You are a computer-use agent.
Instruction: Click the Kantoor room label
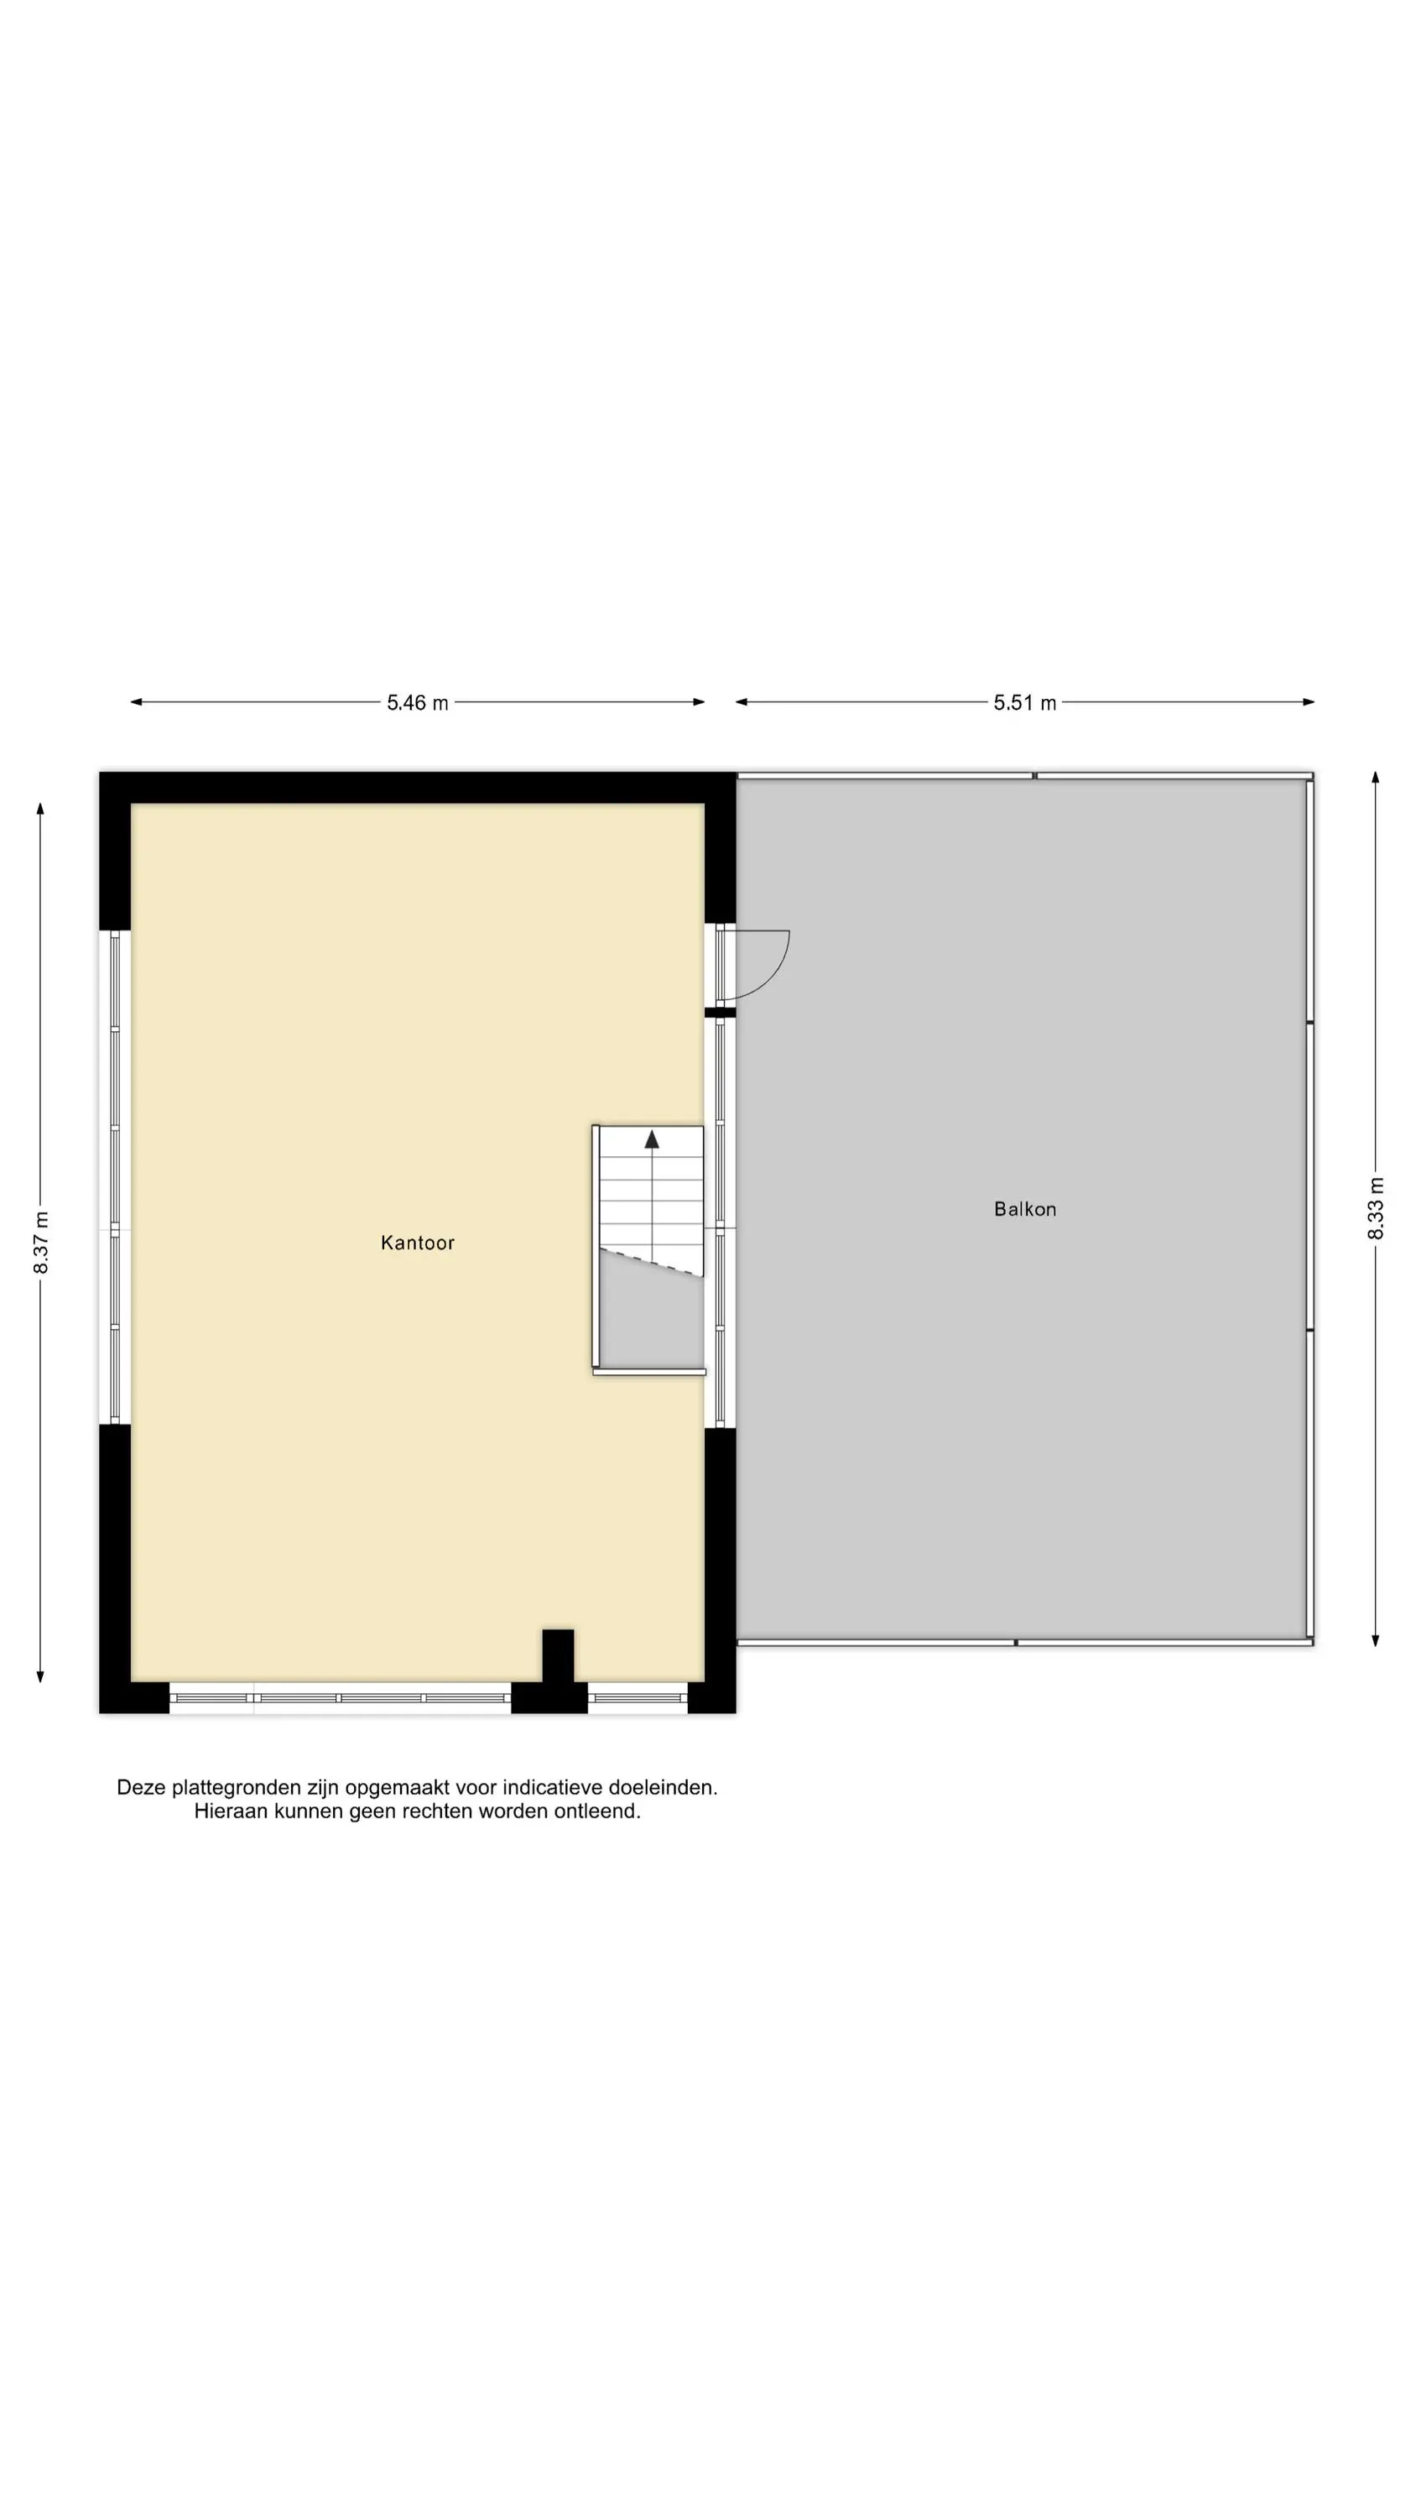pyautogui.click(x=417, y=1243)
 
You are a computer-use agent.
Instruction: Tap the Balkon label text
pyautogui.click(x=1025, y=1210)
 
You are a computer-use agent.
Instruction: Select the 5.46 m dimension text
pyautogui.click(x=417, y=702)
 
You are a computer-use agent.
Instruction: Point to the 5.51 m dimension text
pyautogui.click(x=1025, y=702)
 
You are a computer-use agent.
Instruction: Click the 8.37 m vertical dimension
pyautogui.click(x=41, y=1243)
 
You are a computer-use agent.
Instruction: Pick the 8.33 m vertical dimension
pyautogui.click(x=1376, y=1209)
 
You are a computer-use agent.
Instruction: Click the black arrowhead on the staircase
pyautogui.click(x=652, y=1139)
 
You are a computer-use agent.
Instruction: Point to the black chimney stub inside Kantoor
pyautogui.click(x=558, y=1656)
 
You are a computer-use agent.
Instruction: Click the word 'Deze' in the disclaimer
pyautogui.click(x=141, y=1788)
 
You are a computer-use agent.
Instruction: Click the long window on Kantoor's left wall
pyautogui.click(x=115, y=1177)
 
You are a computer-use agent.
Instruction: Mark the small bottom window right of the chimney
pyautogui.click(x=638, y=1698)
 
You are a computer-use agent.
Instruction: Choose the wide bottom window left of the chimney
pyautogui.click(x=340, y=1698)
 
